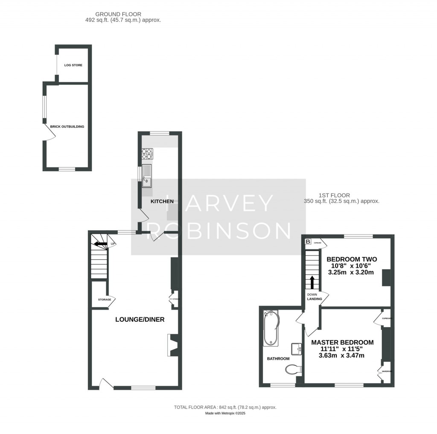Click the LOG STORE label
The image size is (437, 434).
[73, 65]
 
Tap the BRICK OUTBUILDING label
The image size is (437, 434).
[67, 126]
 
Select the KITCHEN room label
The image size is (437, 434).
[162, 201]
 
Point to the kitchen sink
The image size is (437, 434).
[147, 175]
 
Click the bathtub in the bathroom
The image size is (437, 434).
[271, 328]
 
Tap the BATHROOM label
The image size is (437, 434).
[278, 359]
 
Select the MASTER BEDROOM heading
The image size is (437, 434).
[342, 342]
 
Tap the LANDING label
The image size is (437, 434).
[315, 299]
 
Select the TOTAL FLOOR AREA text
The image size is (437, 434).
[225, 408]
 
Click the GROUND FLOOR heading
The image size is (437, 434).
[112, 14]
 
